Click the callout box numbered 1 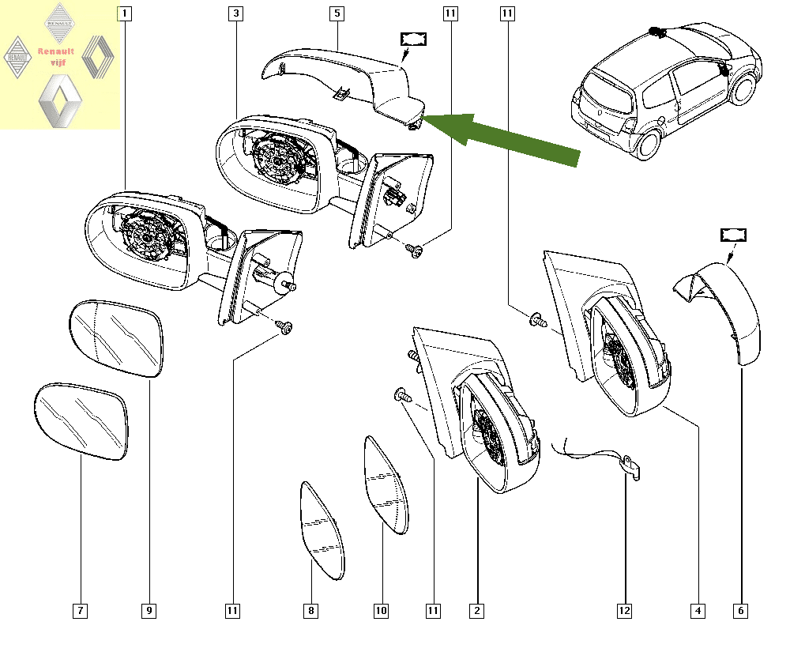[126, 13]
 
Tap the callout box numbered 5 [337, 13]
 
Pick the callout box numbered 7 [81, 611]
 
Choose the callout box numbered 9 [149, 611]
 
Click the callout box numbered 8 [311, 611]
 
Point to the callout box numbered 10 [381, 611]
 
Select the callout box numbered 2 [476, 611]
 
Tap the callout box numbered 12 [625, 611]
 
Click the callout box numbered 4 [698, 611]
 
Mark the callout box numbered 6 [741, 611]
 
